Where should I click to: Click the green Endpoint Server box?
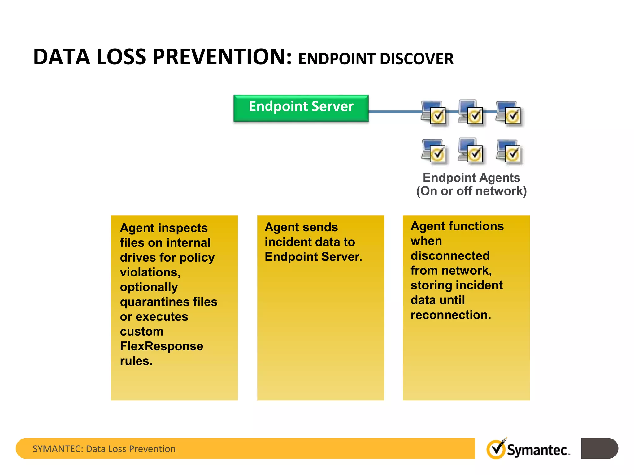click(301, 108)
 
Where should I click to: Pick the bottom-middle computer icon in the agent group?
click(471, 151)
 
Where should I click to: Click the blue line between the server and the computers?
click(395, 111)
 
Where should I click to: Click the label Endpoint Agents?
click(471, 178)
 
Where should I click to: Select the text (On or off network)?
click(471, 191)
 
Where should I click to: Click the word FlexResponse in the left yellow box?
click(161, 346)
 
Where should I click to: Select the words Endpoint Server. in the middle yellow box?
click(313, 257)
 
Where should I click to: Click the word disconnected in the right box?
click(450, 256)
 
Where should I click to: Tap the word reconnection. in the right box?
click(450, 315)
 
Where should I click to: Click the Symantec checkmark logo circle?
click(496, 449)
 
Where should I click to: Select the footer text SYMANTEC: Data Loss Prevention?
click(104, 449)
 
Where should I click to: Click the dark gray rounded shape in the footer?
click(599, 448)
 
